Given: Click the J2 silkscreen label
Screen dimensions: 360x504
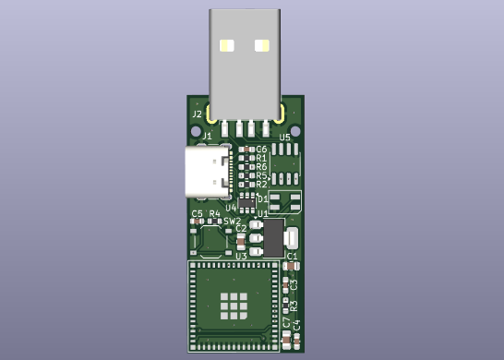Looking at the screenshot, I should pos(197,114).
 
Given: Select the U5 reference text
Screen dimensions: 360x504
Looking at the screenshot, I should pos(284,137).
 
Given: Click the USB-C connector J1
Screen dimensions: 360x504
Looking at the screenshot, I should pos(209,172).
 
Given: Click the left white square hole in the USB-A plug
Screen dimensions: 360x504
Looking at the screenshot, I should pos(227,44).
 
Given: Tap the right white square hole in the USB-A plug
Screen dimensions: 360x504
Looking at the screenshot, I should pos(262,44).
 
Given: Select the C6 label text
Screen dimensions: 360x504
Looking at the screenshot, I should pos(261,149).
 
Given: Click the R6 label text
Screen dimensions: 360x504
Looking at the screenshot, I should pos(261,167).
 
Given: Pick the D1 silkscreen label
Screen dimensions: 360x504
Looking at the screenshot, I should pos(262,198).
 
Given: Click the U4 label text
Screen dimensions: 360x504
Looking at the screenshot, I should pos(231,208).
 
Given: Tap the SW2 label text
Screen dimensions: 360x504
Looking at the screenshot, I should pos(232,222).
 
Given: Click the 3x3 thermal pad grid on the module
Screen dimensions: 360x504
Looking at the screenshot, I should pos(234,306).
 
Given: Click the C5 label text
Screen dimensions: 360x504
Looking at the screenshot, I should pos(197,214).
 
